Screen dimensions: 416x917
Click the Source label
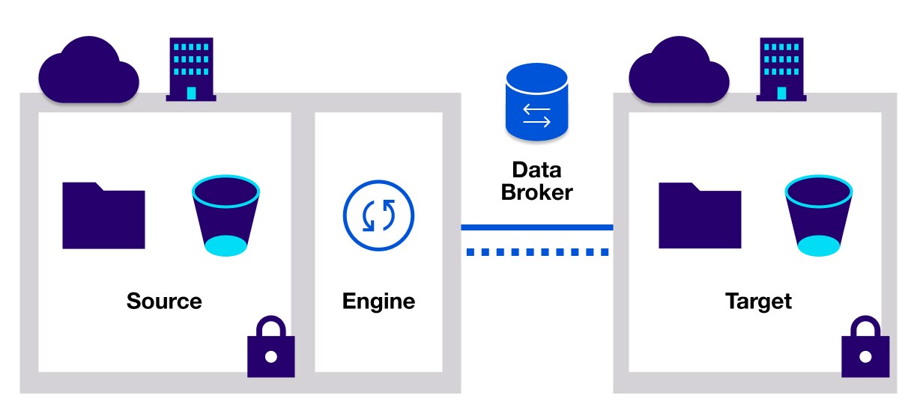pos(164,302)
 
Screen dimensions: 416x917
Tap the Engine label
pos(378,302)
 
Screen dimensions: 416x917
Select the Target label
pos(758,302)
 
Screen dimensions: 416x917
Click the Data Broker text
pos(536,180)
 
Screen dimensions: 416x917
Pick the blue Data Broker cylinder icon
pos(536,103)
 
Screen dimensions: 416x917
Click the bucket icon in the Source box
pos(226,216)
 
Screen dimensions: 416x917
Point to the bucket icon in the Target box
pos(818,216)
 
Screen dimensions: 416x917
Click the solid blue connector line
pos(536,227)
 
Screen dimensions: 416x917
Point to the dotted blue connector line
pos(536,252)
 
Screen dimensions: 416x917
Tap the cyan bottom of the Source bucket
pos(226,245)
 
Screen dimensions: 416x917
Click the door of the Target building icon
pos(782,92)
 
